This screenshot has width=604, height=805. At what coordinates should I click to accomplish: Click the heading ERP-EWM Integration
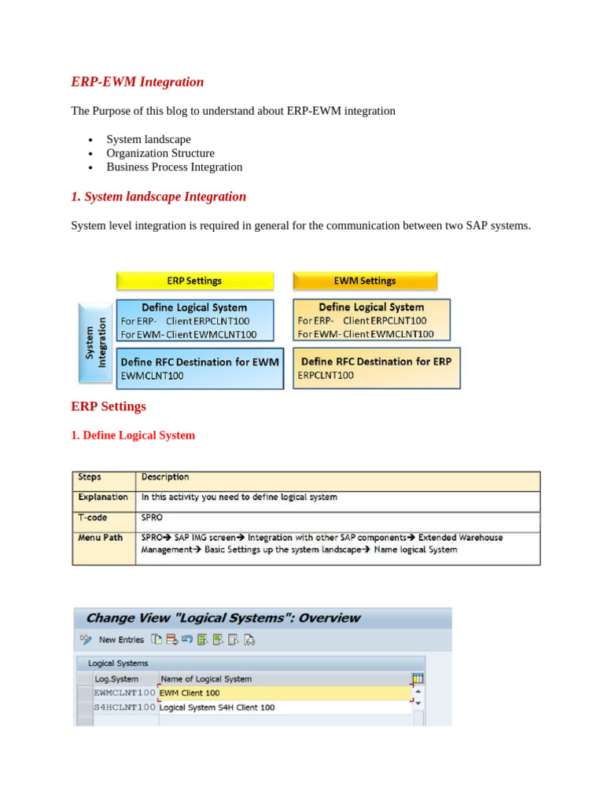coord(138,82)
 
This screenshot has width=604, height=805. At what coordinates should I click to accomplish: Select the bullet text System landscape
coord(149,139)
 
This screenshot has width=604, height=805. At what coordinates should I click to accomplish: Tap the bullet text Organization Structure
coord(160,153)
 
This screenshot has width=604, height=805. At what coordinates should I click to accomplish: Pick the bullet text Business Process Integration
coord(175,167)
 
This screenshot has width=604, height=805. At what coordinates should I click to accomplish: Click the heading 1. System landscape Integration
coord(158,197)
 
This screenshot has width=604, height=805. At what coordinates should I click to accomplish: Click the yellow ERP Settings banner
coord(195,281)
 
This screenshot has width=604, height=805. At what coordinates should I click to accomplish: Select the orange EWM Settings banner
coord(366,281)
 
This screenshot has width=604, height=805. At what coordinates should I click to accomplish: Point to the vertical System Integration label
coord(95,343)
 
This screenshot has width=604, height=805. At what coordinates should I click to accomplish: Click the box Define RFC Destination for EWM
coord(200,368)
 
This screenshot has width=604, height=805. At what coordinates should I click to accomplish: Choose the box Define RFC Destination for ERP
coord(377,367)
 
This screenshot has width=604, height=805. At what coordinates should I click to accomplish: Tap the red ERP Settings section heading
coord(109,406)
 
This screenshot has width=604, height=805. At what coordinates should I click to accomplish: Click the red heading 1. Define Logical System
coord(133,435)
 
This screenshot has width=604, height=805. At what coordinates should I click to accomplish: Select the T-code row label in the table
coord(93,517)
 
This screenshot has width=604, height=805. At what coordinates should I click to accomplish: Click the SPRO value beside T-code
coord(153,517)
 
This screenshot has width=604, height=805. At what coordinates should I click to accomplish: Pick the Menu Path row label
coord(100,538)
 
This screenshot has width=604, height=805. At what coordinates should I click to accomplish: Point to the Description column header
coord(165,477)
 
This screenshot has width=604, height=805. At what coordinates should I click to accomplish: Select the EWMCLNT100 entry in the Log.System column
coord(124,693)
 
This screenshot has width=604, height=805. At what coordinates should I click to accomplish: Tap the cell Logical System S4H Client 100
coord(217,708)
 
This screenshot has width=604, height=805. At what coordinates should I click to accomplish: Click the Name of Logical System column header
coord(205,678)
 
